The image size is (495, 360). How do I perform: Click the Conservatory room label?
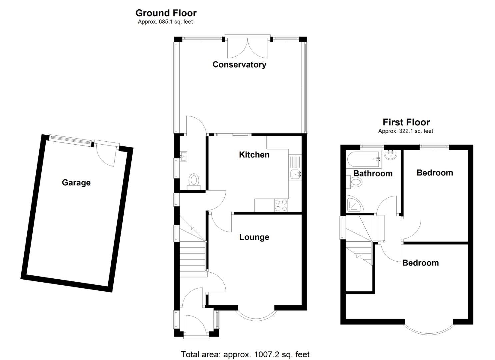(x=239, y=64)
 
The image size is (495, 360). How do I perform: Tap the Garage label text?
(x=76, y=183)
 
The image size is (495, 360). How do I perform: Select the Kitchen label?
(x=254, y=155)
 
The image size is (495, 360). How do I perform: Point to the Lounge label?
(x=254, y=237)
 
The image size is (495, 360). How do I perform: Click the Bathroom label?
(x=373, y=173)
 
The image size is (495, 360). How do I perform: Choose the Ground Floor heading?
(x=166, y=13)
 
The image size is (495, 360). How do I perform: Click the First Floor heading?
(x=406, y=122)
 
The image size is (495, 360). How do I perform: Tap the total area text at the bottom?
(x=245, y=354)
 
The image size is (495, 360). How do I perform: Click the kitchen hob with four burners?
(x=281, y=205)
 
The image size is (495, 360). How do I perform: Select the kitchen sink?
(x=295, y=174)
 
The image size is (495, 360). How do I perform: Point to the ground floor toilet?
(x=193, y=180)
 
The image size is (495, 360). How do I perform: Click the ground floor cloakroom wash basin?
(x=183, y=155)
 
